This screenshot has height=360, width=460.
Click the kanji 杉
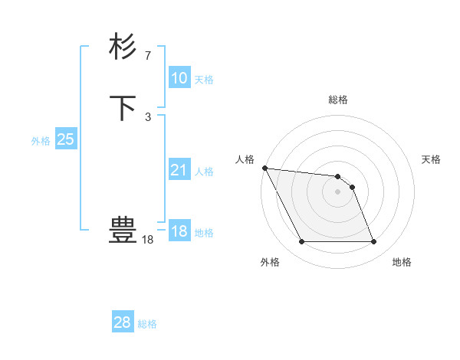tap(123, 47)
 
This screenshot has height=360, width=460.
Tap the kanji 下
tap(123, 108)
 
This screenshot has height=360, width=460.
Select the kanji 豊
tap(123, 230)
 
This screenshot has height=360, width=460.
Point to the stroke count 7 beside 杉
tap(147, 55)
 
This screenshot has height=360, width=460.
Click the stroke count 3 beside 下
tap(147, 116)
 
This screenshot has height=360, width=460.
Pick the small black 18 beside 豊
tap(147, 240)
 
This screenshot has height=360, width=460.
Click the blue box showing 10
tap(179, 78)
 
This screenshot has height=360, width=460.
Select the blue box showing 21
tap(179, 170)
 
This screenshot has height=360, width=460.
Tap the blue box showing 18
tap(179, 231)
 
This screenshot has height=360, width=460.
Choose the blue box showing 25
tap(65, 139)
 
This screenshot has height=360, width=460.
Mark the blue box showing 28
tap(122, 322)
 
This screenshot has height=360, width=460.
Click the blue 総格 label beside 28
tap(148, 324)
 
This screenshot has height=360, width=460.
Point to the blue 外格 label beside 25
tap(41, 141)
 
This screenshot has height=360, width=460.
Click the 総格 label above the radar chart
tap(337, 100)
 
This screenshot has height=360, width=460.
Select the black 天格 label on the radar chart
tap(432, 159)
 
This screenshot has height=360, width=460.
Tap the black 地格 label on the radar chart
tap(402, 262)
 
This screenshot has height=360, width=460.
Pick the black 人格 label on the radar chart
tap(245, 159)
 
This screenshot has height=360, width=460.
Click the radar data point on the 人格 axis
tap(264, 168)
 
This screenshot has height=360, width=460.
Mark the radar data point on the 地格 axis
tap(374, 242)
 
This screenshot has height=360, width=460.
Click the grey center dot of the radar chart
tap(337, 191)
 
